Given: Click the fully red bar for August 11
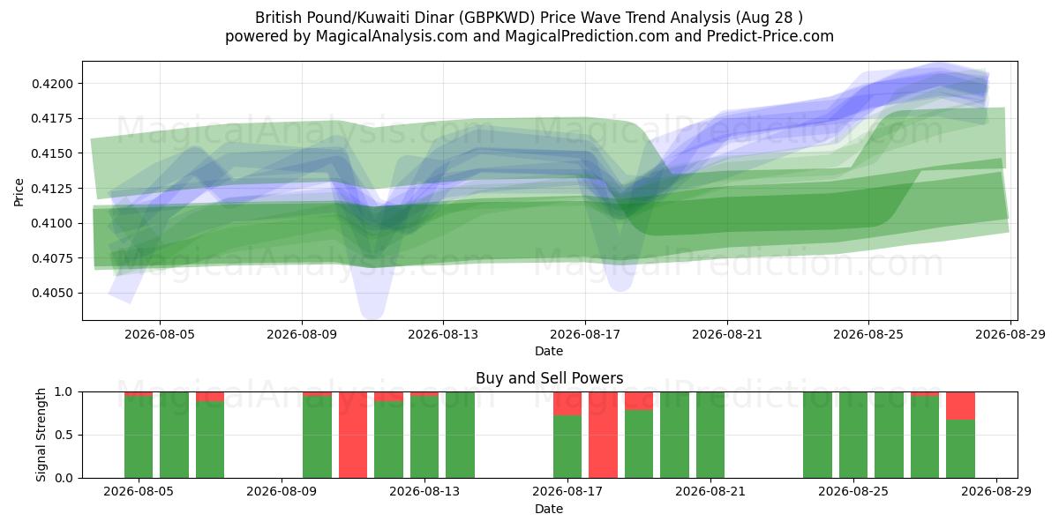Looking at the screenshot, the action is [353, 435].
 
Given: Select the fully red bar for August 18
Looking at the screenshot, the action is [603, 435].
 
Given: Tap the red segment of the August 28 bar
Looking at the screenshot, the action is [960, 406].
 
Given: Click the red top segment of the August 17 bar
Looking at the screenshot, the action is [567, 404].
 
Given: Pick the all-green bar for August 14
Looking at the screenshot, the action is [460, 435].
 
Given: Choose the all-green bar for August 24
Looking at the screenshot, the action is [817, 435].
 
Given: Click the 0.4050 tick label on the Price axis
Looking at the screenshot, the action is [52, 294].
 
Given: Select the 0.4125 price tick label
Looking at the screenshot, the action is [52, 189].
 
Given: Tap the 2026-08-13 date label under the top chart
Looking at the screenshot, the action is [443, 335].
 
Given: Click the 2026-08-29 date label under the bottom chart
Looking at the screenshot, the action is [996, 492].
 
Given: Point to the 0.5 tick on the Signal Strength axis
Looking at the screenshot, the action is [64, 435].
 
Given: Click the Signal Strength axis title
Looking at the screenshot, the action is [41, 435].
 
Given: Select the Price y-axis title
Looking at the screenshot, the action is [19, 192].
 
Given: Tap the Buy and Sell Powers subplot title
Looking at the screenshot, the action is [549, 378].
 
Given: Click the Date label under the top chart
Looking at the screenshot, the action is [549, 352].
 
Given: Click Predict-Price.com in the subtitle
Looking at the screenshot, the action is [770, 36].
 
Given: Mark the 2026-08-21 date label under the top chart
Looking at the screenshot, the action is [727, 335].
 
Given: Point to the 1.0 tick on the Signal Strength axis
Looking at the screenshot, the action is [64, 392].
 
